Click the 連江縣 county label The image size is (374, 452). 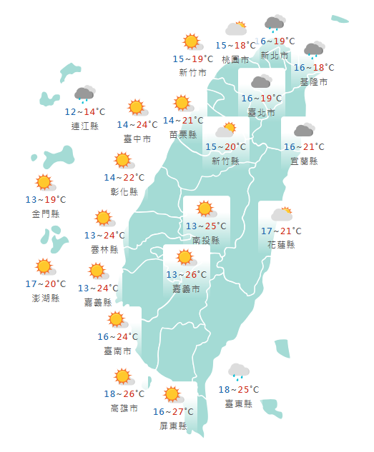(85, 126)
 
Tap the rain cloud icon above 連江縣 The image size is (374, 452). (84, 95)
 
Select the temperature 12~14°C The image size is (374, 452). (85, 112)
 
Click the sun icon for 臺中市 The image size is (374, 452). (137, 108)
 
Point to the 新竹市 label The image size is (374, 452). (192, 73)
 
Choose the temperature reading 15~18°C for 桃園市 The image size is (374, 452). (235, 46)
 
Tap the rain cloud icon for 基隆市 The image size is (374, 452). (313, 51)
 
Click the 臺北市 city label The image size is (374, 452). (261, 112)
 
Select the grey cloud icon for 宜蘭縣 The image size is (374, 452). (304, 130)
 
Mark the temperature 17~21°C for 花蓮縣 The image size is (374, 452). (281, 231)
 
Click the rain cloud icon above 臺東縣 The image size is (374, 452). (238, 371)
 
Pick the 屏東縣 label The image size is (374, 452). (173, 426)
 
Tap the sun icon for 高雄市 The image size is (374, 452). (123, 376)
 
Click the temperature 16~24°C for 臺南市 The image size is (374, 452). (118, 336)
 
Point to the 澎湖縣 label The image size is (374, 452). (45, 297)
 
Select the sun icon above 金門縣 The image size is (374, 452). (45, 183)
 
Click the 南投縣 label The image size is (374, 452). (206, 241)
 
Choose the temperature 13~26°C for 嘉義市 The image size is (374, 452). (187, 275)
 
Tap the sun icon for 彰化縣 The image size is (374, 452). (123, 161)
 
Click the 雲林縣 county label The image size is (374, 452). (104, 249)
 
